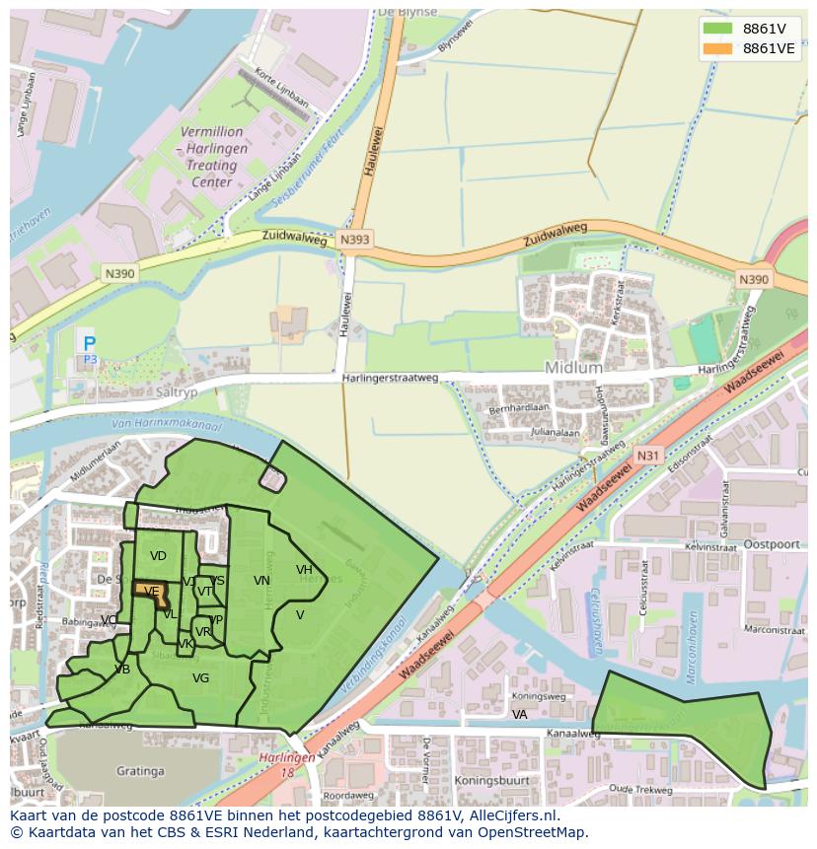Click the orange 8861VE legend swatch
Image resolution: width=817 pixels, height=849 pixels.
[718, 48]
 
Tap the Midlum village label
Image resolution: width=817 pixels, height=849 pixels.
[573, 367]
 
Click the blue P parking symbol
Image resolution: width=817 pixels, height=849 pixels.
[90, 344]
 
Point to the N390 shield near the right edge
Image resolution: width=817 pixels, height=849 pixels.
[753, 280]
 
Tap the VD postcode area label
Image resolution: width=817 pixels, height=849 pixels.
[158, 556]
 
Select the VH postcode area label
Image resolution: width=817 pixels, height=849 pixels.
[304, 569]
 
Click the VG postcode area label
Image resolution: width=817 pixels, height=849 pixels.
[200, 677]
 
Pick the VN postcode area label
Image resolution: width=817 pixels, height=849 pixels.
[261, 580]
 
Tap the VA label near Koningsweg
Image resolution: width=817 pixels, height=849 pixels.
[519, 714]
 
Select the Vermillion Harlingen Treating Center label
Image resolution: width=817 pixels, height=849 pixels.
[211, 156]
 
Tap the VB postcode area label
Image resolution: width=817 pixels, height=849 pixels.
[121, 669]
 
